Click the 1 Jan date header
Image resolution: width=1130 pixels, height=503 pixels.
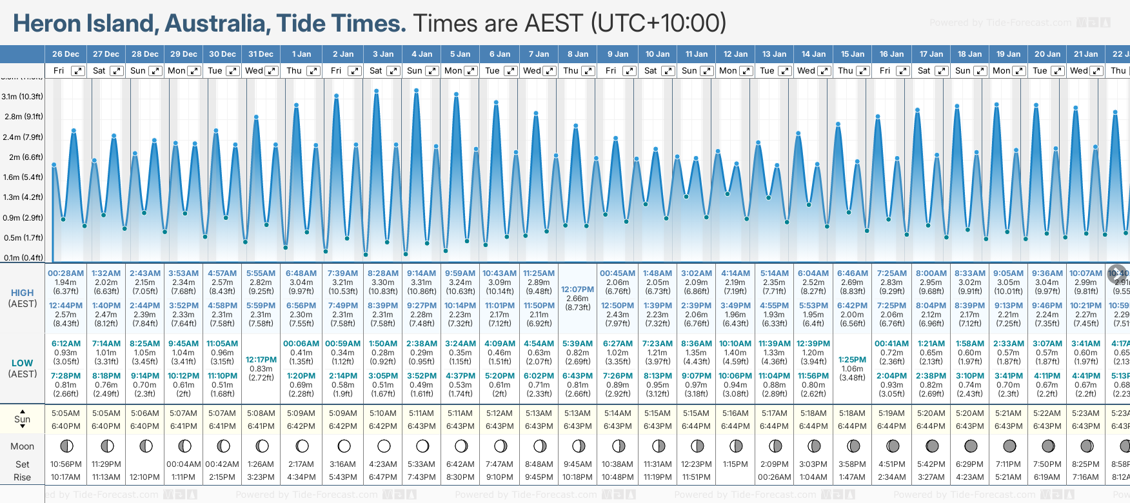(301, 54)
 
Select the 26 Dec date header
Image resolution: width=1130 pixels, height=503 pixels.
(66, 54)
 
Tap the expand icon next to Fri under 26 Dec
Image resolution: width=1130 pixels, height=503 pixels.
(77, 71)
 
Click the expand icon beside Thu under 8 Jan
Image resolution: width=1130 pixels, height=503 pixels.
(588, 71)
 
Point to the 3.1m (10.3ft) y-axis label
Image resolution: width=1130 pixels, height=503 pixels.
(22, 97)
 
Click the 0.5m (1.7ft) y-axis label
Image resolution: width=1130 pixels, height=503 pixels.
(22, 238)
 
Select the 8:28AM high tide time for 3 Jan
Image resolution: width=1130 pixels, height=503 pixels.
(383, 273)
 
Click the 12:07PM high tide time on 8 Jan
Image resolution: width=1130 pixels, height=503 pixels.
(577, 290)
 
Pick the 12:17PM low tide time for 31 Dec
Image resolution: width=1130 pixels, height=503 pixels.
(261, 360)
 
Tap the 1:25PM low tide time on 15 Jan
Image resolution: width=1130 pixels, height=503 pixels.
(852, 360)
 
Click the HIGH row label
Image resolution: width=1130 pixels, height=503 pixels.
(22, 293)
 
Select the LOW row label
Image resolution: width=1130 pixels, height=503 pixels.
(22, 363)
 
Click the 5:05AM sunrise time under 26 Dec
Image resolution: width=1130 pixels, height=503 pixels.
(66, 413)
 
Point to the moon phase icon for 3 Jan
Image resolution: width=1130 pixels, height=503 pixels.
(384, 446)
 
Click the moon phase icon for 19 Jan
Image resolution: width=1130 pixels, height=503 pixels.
(1009, 446)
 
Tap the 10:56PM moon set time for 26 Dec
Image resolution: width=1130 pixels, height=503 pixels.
(66, 464)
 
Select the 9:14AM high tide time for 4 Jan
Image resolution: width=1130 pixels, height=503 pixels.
(422, 273)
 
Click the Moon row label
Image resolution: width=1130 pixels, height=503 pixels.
(22, 446)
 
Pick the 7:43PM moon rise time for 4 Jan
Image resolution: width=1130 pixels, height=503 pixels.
(422, 477)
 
